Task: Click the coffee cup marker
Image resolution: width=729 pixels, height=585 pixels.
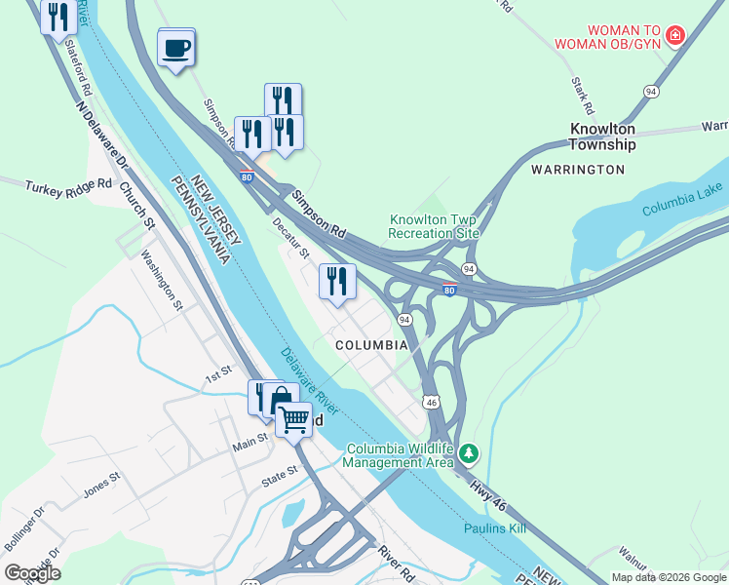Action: tap(175, 48)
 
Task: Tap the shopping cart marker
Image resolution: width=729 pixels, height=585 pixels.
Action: tap(293, 420)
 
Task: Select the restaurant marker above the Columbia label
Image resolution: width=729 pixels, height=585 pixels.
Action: tap(337, 283)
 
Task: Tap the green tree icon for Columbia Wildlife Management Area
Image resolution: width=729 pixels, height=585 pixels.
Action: tap(470, 453)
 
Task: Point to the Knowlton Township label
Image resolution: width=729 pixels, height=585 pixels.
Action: tap(602, 136)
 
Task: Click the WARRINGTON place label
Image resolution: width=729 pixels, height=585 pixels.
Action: tap(577, 170)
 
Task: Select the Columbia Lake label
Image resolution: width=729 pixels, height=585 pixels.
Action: tap(682, 200)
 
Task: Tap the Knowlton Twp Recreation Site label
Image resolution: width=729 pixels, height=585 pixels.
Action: tap(434, 226)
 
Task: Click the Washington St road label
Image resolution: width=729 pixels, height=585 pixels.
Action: tap(162, 280)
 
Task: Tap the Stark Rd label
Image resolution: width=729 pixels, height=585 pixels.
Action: tap(584, 96)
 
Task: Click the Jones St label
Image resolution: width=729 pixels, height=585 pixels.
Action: tap(100, 484)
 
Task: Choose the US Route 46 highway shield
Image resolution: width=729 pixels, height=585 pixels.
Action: tap(430, 401)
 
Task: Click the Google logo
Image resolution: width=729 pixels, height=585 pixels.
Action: tap(32, 573)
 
